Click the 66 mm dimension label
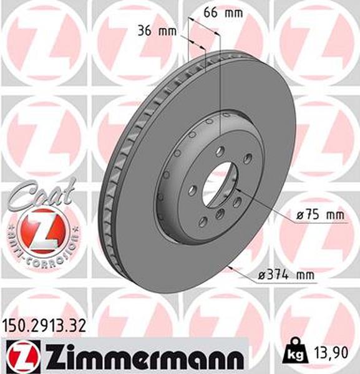[x=223, y=12]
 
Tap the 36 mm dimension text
[x=157, y=31]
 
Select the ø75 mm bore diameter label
[x=320, y=215]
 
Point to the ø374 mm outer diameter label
[x=286, y=276]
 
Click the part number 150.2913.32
[x=44, y=326]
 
